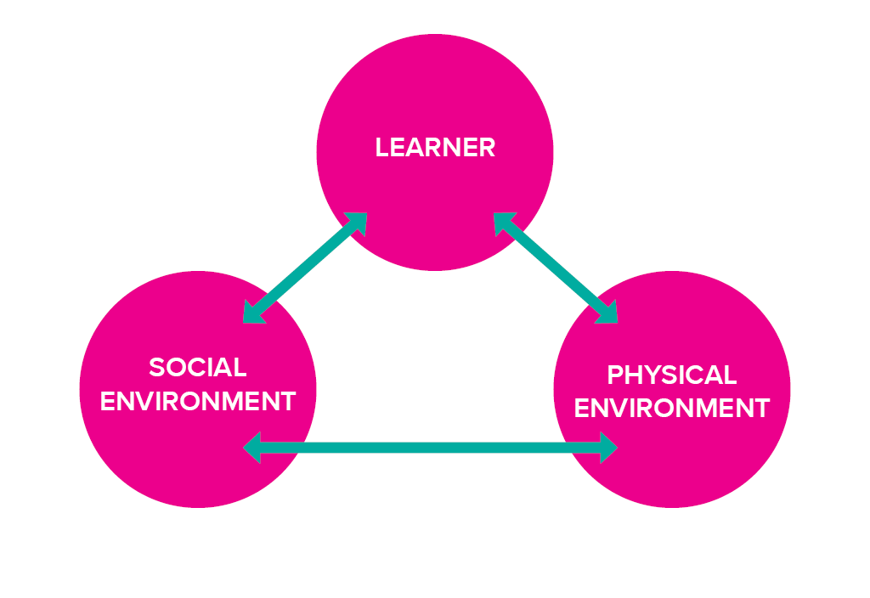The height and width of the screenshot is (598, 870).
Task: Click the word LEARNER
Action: point(435,148)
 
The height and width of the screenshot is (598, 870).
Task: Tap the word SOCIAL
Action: point(198,368)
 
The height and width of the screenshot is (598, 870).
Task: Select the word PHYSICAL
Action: point(671,375)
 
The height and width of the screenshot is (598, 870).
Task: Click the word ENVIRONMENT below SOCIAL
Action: point(198,401)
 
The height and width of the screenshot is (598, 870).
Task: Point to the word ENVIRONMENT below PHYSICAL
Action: point(671,409)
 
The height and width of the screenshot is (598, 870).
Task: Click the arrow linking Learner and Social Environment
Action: point(305,268)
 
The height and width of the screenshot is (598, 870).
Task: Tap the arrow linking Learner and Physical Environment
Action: point(556,268)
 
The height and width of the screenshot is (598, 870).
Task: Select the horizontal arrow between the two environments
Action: point(430,447)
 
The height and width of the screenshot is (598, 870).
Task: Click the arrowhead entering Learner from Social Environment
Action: point(356,223)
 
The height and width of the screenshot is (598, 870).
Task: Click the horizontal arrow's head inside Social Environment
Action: point(252,447)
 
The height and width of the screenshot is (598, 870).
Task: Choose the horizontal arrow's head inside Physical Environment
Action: point(607,447)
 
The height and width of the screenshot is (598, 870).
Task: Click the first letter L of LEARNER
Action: point(381,148)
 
